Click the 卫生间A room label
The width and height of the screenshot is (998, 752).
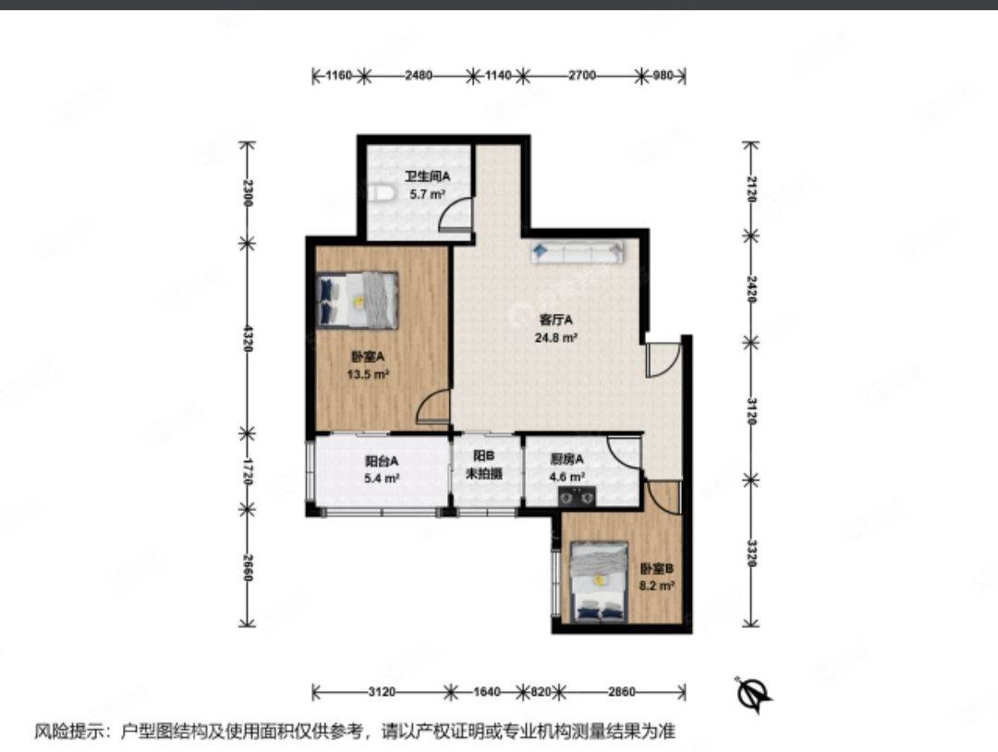(x=428, y=176)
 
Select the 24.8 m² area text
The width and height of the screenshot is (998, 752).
(x=555, y=338)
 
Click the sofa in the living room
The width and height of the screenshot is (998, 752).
(x=578, y=252)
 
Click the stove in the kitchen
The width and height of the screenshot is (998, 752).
(x=578, y=495)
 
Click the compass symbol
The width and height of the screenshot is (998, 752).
(x=754, y=693)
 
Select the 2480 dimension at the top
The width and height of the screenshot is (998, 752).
(x=419, y=76)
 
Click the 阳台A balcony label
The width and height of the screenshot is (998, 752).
(x=382, y=461)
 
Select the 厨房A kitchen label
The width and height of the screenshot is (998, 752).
(x=567, y=459)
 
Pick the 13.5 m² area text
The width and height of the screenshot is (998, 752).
(x=369, y=375)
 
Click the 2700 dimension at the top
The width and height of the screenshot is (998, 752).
(x=582, y=76)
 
